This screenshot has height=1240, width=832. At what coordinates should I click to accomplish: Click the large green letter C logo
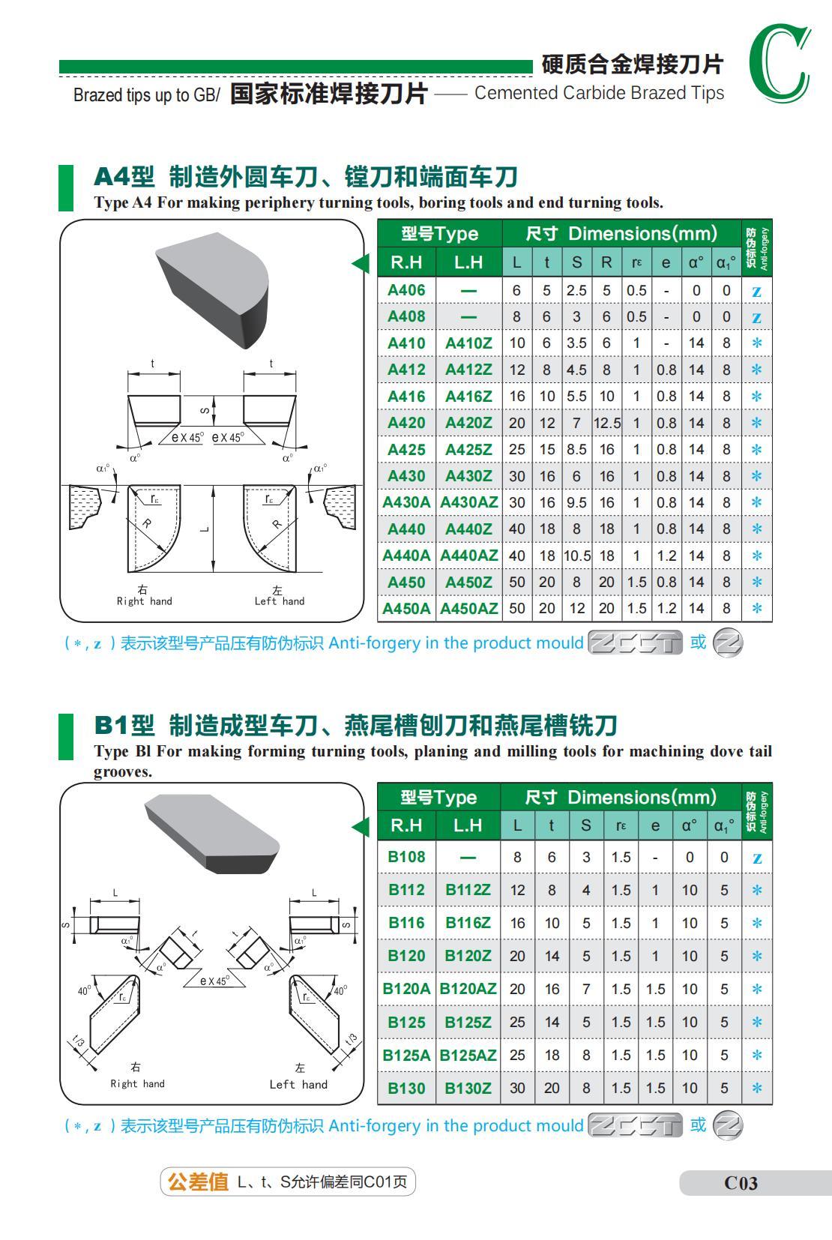780,64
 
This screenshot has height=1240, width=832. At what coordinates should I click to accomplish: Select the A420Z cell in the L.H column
468,423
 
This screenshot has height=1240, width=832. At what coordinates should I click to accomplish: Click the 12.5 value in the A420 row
606,423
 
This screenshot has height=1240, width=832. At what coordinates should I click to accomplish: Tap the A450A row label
406,609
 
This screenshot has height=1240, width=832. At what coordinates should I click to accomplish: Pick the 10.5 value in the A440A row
576,556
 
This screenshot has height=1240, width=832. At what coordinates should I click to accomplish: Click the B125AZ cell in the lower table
468,1055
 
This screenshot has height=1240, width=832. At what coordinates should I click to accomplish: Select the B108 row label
406,857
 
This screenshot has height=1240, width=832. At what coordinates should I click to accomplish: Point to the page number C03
741,1183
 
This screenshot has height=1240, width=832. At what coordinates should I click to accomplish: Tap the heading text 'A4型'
124,177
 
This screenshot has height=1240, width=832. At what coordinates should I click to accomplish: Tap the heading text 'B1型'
124,725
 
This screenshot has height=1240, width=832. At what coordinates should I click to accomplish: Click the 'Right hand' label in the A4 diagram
144,601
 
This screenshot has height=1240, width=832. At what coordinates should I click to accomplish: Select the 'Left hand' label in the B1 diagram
298,1084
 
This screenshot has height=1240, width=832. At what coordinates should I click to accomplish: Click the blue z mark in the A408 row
756,317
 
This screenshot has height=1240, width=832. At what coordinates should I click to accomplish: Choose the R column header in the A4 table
606,262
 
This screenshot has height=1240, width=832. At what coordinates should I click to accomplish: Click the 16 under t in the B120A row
552,989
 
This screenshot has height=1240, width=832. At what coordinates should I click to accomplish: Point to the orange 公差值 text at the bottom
198,1182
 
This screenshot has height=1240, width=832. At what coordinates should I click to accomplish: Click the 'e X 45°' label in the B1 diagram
215,981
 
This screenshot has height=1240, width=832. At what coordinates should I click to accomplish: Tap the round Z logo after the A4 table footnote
727,643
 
